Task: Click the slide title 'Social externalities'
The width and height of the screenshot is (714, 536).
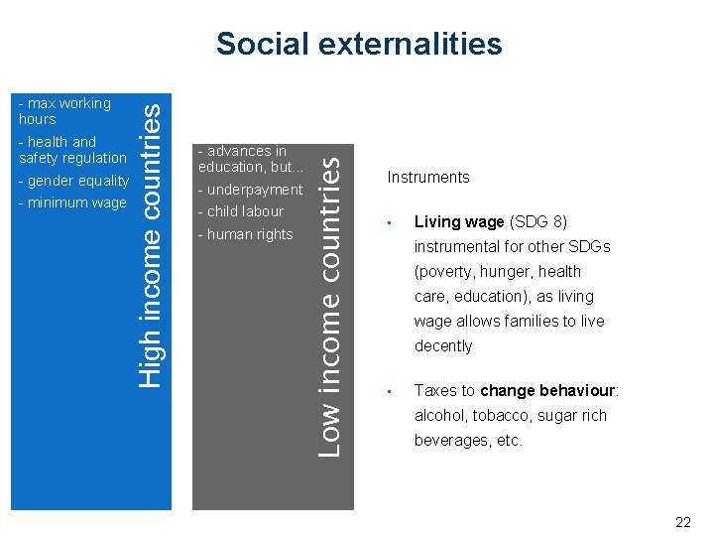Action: [x=359, y=44]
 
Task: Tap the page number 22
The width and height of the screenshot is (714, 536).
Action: [x=682, y=522]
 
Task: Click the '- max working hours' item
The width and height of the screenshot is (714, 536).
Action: [x=64, y=110]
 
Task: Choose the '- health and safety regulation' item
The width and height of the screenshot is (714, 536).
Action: [x=72, y=150]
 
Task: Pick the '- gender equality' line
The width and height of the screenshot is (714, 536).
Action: [x=74, y=181]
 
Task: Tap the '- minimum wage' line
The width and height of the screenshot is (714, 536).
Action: [x=72, y=202]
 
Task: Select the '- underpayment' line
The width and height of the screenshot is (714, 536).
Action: [x=251, y=190]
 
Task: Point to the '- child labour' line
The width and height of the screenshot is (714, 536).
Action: [x=241, y=211]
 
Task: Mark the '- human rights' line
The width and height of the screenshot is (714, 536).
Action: [x=246, y=234]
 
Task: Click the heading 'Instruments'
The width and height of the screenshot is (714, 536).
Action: [x=428, y=178]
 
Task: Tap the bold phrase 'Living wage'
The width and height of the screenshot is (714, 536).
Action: [x=459, y=221]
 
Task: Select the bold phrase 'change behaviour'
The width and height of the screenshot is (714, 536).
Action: [x=562, y=391]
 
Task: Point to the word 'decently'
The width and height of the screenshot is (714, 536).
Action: [x=443, y=346]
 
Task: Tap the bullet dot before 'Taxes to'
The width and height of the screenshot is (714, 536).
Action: [x=392, y=391]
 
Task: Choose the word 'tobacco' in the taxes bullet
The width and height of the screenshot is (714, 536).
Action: [x=505, y=416]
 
